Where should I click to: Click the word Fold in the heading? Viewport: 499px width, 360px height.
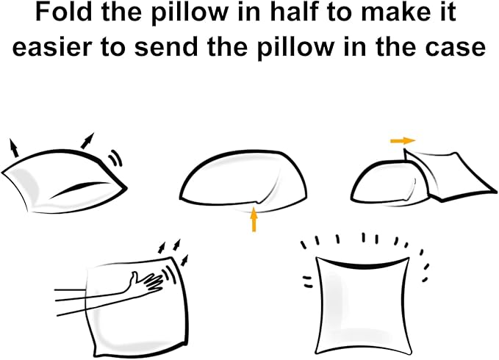click(x=65, y=12)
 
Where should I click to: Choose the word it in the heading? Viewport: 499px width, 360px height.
click(x=447, y=12)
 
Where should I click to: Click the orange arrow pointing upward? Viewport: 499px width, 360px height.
click(x=254, y=219)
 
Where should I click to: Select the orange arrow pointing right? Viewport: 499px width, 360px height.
click(x=403, y=140)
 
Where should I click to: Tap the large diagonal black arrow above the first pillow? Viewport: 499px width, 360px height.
click(x=87, y=141)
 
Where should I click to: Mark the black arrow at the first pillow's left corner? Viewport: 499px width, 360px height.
click(x=14, y=148)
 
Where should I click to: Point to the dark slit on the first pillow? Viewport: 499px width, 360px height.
click(x=79, y=189)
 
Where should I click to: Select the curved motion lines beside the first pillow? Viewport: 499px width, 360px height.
click(x=116, y=158)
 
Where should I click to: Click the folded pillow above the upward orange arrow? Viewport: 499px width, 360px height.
click(x=243, y=180)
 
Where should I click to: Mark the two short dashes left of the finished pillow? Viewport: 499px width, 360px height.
click(x=308, y=282)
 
